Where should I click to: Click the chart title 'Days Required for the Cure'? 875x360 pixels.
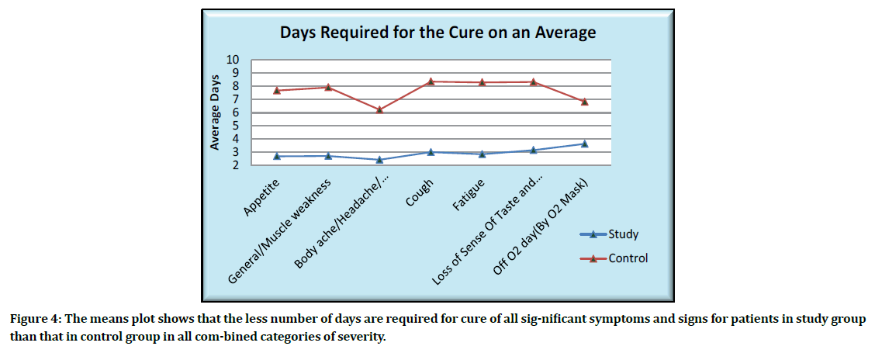tap(437, 33)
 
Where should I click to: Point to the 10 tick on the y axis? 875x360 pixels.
tap(233, 61)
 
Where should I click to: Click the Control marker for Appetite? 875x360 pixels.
tap(278, 90)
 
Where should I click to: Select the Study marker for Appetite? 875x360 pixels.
tap(278, 156)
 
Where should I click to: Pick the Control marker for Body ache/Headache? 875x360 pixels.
tap(380, 109)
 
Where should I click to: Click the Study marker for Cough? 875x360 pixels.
tap(431, 152)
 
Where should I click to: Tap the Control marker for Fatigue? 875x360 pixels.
tap(482, 81)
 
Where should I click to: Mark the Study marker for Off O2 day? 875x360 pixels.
tap(585, 144)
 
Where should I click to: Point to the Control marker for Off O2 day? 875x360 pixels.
tap(585, 101)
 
